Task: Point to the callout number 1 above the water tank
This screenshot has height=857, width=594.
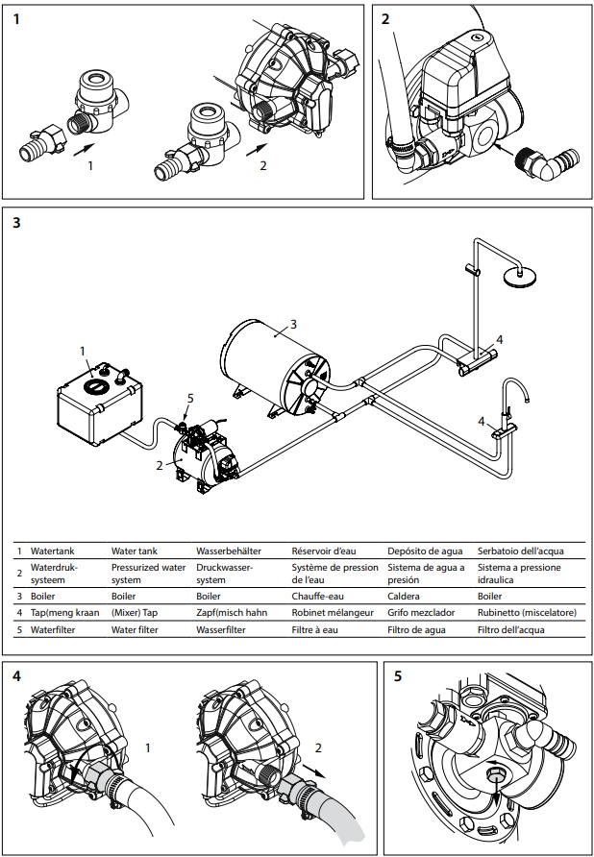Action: click(x=83, y=351)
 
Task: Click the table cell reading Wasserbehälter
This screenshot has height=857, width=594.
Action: click(x=227, y=551)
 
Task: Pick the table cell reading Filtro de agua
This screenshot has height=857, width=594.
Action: click(x=419, y=629)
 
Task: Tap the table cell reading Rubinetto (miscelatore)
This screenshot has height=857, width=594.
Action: click(x=520, y=612)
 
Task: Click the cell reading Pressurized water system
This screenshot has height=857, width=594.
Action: click(x=148, y=574)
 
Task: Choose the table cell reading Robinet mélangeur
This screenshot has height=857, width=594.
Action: click(x=333, y=612)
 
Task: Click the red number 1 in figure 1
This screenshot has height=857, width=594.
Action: click(x=90, y=166)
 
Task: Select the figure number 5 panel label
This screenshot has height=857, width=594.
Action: click(x=398, y=675)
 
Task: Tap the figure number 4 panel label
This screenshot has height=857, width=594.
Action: click(x=17, y=675)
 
